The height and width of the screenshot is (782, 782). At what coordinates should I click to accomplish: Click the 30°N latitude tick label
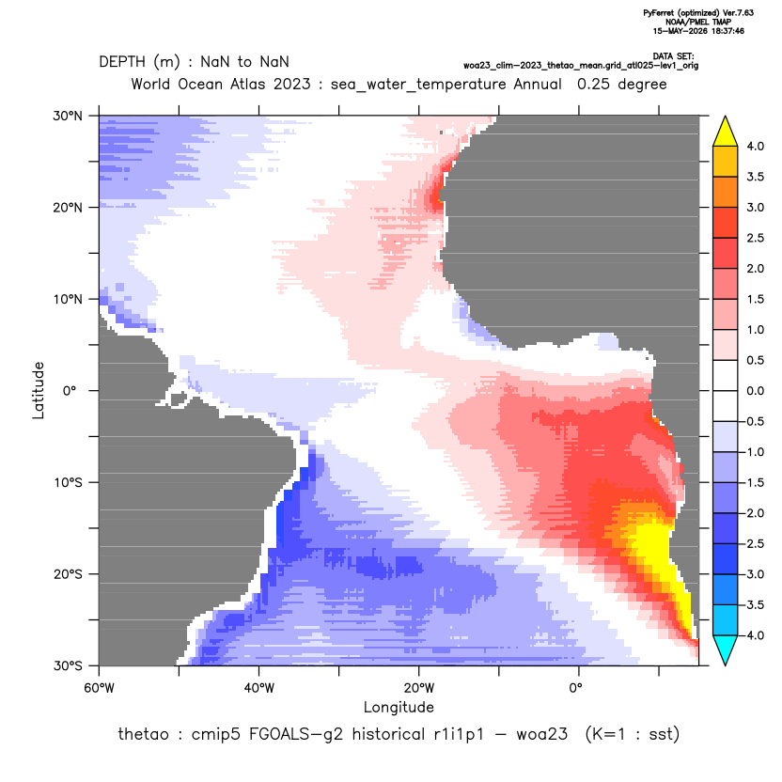click(68, 117)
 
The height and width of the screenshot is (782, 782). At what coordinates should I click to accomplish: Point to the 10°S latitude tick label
click(68, 483)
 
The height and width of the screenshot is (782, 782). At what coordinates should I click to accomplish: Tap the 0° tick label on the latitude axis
click(69, 391)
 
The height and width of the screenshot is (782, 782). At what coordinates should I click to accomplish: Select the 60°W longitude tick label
click(100, 688)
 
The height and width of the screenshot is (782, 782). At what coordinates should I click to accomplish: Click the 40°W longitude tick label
click(258, 688)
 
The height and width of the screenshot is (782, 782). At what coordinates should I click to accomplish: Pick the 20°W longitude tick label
click(419, 688)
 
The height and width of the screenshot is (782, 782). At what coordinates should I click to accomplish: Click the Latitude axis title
click(39, 390)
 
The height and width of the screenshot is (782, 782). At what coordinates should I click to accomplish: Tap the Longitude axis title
click(399, 707)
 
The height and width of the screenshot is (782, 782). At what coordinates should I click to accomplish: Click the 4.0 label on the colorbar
click(755, 147)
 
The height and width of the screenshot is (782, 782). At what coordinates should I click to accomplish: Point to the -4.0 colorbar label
click(753, 635)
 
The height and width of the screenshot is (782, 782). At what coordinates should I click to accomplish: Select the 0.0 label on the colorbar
click(755, 391)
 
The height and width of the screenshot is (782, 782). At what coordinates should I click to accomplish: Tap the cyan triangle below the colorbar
click(726, 649)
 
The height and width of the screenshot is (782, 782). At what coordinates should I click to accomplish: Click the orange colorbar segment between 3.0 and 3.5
click(726, 192)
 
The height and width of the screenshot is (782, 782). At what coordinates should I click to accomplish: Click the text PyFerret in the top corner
click(659, 13)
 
